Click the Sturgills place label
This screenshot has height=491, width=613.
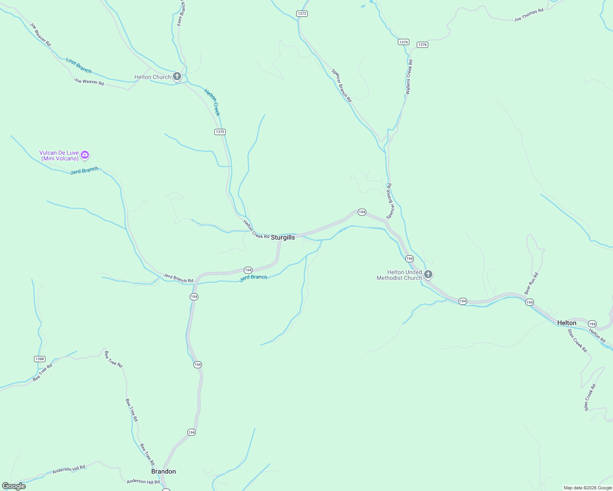pos(283,237)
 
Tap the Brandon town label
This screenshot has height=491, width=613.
pos(163,471)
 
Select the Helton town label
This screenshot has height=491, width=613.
pos(567,323)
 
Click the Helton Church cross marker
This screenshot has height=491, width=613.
pos(177,77)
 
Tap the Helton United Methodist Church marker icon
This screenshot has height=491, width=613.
pos(428,274)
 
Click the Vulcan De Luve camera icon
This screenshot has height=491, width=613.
pos(85,155)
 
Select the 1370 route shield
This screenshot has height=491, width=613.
pos(220,132)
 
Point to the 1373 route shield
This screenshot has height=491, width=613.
pos(302,14)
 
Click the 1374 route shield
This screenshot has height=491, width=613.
pos(404,42)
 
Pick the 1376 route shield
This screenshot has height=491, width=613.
pos(422,45)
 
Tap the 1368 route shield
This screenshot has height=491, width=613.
pos(40,359)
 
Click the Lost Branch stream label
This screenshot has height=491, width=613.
pos(79,65)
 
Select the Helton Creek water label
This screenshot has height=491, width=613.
pos(212,102)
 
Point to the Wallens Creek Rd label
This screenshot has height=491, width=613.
pos(409,77)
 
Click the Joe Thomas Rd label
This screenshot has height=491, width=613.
pos(529,15)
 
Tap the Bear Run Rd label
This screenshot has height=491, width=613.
pos(531,284)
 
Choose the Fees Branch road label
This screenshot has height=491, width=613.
pos(181,13)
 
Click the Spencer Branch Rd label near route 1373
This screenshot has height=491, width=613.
pos(341,85)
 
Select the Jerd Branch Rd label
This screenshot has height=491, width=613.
pos(178,278)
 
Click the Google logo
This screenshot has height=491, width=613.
pos(14,486)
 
